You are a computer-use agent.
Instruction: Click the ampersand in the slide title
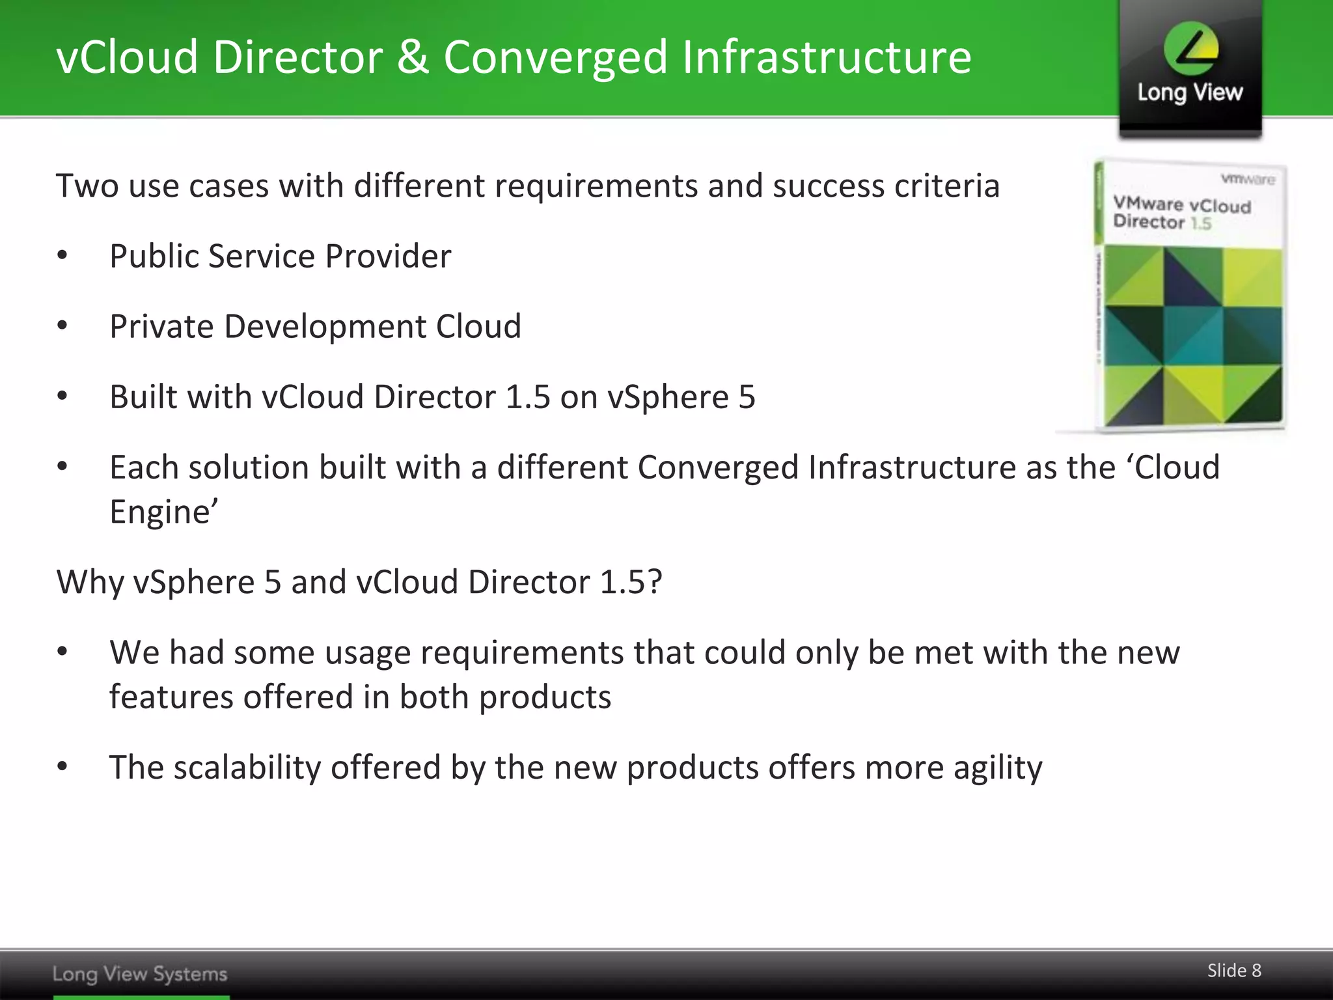click(x=413, y=57)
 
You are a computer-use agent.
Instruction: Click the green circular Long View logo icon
click(x=1190, y=48)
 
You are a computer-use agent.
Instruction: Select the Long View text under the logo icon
click(x=1190, y=93)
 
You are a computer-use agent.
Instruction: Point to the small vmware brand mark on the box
click(x=1248, y=179)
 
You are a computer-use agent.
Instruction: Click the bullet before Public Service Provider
click(x=62, y=256)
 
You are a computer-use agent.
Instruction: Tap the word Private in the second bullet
click(x=161, y=326)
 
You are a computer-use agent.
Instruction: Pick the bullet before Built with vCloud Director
click(x=62, y=396)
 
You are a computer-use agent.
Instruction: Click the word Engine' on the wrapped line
click(x=163, y=512)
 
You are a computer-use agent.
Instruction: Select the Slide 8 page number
click(x=1234, y=971)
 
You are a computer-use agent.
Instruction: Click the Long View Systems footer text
click(x=140, y=974)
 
